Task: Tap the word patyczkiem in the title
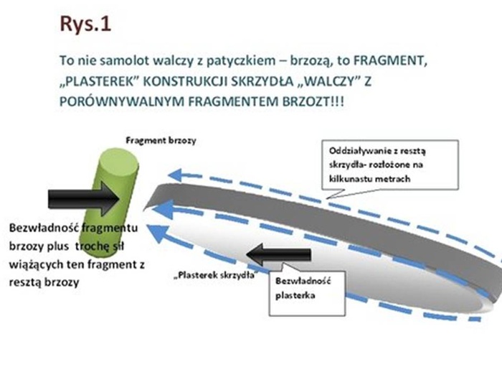(x=217, y=62)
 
